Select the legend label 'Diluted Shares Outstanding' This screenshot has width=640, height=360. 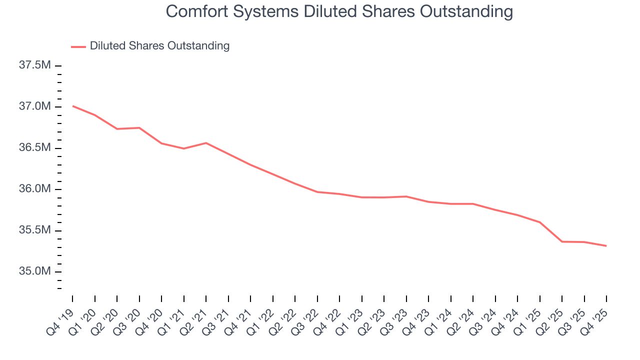tap(159, 46)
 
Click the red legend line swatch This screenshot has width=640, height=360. tap(78, 46)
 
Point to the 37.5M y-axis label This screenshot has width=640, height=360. tap(35, 65)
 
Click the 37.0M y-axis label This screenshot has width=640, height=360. tap(35, 106)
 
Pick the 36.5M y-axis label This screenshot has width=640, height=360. tap(35, 148)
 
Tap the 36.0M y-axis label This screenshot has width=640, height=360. tap(35, 189)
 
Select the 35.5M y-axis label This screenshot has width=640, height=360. tap(35, 230)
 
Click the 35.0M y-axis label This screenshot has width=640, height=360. tap(35, 271)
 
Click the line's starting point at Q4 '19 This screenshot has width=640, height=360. tap(72, 106)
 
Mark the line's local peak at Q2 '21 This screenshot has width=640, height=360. tap(206, 143)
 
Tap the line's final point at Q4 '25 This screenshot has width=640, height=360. tap(606, 246)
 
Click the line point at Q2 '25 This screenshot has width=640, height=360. tap(562, 241)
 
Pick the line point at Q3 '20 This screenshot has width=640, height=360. tap(139, 128)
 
